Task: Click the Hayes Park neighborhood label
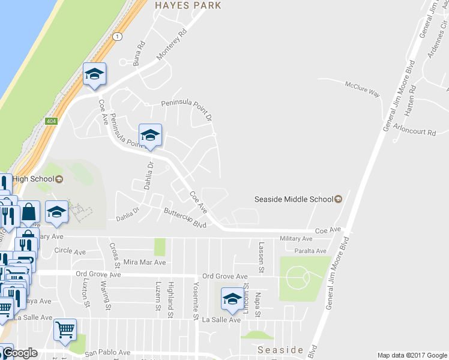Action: pyautogui.click(x=188, y=5)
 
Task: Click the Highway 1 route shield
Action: pyautogui.click(x=118, y=37)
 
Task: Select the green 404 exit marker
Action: pyautogui.click(x=51, y=121)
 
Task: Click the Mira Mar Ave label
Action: pyautogui.click(x=143, y=262)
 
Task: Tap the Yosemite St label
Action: pyautogui.click(x=196, y=300)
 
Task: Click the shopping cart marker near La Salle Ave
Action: pyautogui.click(x=65, y=329)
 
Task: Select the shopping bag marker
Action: pyautogui.click(x=29, y=211)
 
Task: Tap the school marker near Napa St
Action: pyautogui.click(x=232, y=299)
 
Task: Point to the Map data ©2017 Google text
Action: pyautogui.click(x=412, y=355)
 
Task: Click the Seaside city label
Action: pyautogui.click(x=280, y=350)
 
